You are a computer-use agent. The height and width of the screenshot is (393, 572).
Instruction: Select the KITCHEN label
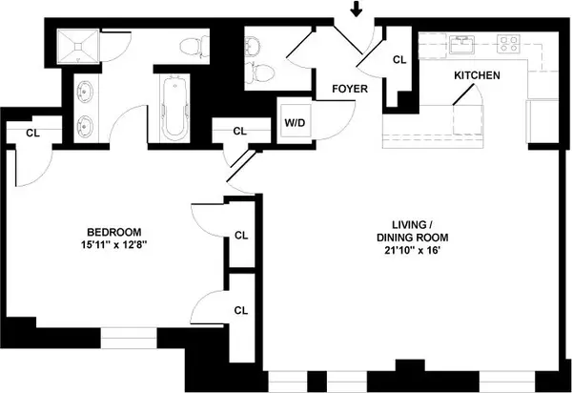(x=476, y=74)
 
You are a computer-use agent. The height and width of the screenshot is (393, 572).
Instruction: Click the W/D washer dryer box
(x=293, y=122)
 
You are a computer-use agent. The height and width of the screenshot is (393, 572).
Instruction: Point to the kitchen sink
(x=463, y=43)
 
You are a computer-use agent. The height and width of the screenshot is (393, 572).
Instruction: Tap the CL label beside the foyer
(x=399, y=59)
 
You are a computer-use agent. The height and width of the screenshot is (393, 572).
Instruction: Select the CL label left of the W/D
(x=239, y=131)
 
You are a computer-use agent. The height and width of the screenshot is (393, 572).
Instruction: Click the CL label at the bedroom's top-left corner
(x=33, y=134)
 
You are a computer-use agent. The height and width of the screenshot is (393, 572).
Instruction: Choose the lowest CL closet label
(x=241, y=309)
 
